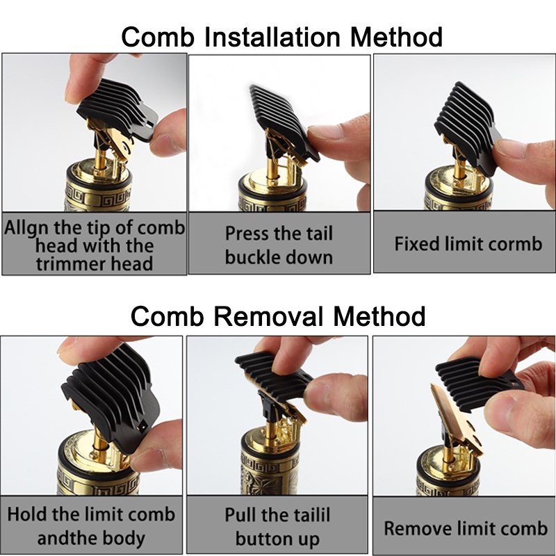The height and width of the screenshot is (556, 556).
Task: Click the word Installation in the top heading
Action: (272, 37)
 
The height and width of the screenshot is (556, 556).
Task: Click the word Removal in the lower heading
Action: (268, 316)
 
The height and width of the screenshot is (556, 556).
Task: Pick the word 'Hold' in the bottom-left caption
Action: (24, 514)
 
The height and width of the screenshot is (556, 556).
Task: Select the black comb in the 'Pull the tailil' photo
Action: (274, 374)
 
